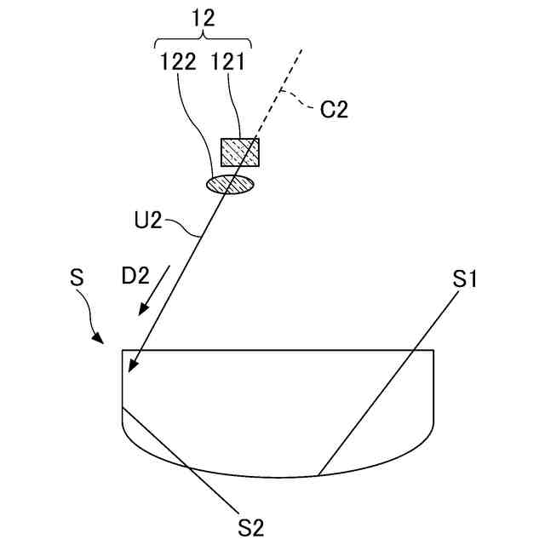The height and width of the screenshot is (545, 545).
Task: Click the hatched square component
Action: pos(240,152)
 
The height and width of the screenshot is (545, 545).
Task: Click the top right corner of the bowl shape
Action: pos(434,350)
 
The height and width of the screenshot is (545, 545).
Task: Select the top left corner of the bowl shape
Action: pos(123,350)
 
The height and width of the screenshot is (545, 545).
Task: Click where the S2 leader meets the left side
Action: pos(124,409)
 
